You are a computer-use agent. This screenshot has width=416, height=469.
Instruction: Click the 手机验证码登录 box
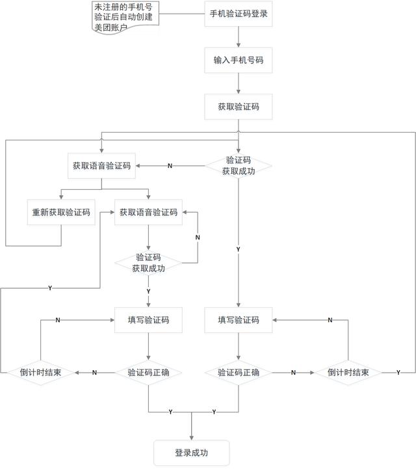pyautogui.click(x=238, y=14)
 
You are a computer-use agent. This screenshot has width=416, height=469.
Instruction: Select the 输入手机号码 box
pyautogui.click(x=238, y=60)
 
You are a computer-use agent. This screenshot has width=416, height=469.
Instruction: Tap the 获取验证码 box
pyautogui.click(x=238, y=107)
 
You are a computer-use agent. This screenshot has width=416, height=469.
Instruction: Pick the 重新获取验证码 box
pyautogui.click(x=61, y=212)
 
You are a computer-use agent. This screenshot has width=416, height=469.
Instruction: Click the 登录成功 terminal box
pyautogui.click(x=192, y=453)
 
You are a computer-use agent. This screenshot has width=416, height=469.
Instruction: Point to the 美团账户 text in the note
pyautogui.click(x=111, y=27)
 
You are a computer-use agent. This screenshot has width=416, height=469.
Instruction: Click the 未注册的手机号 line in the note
pyautogui.click(x=123, y=7)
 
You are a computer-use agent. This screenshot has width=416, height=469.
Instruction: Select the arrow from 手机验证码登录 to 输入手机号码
pyautogui.click(x=238, y=37)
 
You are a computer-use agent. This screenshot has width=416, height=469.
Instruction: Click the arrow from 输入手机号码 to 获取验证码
pyautogui.click(x=238, y=83)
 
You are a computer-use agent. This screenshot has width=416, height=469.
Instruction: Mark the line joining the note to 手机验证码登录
pyautogui.click(x=182, y=14)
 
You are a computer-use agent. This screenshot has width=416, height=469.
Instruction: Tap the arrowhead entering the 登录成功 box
pyautogui.click(x=192, y=438)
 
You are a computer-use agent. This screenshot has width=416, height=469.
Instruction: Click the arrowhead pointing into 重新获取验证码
pyautogui.click(x=61, y=197)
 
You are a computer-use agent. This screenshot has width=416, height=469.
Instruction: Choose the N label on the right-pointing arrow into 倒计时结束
pyautogui.click(x=293, y=373)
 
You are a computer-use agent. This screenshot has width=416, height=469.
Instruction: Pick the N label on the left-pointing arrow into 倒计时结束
pyautogui.click(x=94, y=373)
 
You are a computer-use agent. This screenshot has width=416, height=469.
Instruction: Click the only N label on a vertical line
pyautogui.click(x=198, y=237)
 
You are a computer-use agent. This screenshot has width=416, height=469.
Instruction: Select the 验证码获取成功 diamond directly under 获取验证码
pyautogui.click(x=238, y=166)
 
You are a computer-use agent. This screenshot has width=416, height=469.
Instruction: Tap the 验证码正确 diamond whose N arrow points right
pyautogui.click(x=238, y=373)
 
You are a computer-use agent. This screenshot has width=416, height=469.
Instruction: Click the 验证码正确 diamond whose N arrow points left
pyautogui.click(x=149, y=373)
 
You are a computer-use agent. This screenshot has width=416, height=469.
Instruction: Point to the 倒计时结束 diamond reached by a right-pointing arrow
pyautogui.click(x=348, y=373)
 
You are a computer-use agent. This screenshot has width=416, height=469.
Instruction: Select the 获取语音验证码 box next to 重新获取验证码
pyautogui.click(x=149, y=212)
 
